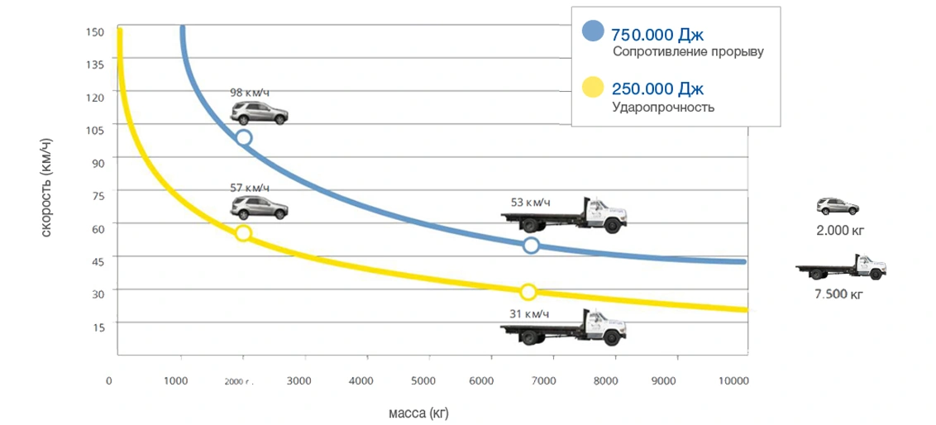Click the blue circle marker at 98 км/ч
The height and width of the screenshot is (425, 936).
244,138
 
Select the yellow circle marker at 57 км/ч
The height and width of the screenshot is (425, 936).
243,233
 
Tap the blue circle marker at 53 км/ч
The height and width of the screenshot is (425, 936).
531,245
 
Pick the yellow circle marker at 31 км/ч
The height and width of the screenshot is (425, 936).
528,291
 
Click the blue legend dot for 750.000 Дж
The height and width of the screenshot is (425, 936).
594,31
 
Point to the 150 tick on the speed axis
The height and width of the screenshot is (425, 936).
93,31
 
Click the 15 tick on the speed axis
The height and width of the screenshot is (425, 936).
99,327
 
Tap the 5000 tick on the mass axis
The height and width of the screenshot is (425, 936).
423,381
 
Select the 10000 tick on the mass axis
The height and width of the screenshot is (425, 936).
733,381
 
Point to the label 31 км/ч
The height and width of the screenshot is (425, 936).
530,313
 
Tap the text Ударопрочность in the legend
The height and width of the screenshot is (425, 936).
663,107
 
